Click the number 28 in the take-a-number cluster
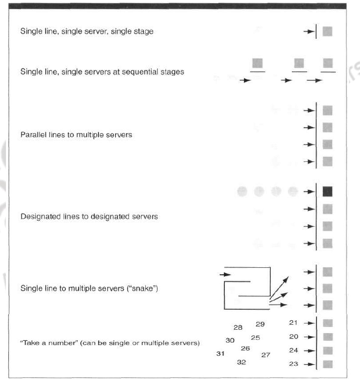pos(238,327)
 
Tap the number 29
pos(260,324)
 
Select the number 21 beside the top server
pos(293,323)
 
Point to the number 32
pos(242,362)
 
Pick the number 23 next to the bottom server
pos(293,364)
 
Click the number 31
pos(221,353)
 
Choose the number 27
pos(265,355)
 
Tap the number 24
pos(293,350)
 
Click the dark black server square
pos(328,192)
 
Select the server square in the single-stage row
pos(328,31)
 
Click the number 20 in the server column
pos(293,336)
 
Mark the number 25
pos(255,337)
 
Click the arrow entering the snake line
pos(226,274)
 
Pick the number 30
pos(230,340)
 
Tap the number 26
pos(245,348)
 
